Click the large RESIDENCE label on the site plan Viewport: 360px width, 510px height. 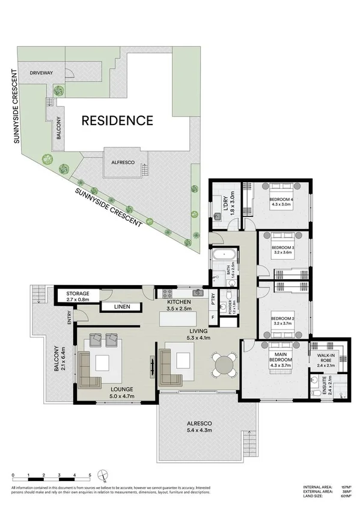[x=117, y=120]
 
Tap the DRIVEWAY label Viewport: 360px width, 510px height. [x=43, y=73]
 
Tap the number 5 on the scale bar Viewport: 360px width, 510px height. [x=90, y=476]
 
